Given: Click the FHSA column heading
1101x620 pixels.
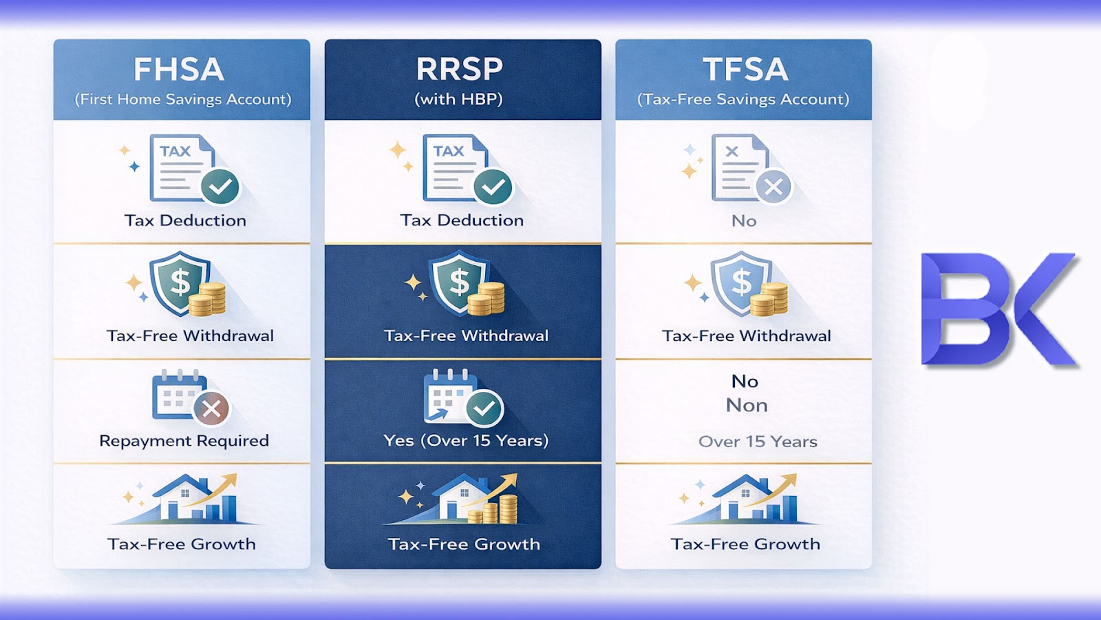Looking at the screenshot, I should (x=179, y=70).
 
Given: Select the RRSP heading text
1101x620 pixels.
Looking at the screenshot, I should (x=459, y=70).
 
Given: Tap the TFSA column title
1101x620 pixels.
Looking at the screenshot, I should (x=745, y=70).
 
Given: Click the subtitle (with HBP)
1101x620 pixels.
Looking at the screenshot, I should (x=458, y=99).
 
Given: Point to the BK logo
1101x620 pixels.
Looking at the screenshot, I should (x=999, y=309).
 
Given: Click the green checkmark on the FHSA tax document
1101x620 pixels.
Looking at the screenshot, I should (x=220, y=186).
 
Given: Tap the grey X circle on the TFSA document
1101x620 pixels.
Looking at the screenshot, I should (x=773, y=187).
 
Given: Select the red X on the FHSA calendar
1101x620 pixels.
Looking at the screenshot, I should (x=211, y=409).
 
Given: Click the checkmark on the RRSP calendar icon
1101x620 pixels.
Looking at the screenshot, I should (x=484, y=409).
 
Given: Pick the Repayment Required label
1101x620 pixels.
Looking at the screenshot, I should (x=184, y=441).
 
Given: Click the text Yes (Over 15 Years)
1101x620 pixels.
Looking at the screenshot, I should (x=466, y=441).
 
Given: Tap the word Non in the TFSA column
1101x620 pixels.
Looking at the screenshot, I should (x=747, y=405).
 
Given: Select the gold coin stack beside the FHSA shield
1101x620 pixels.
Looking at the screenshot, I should (x=207, y=299).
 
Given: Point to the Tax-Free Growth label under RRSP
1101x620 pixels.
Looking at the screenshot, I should (x=464, y=544).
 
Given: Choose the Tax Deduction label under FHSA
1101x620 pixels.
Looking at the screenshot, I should (x=185, y=220).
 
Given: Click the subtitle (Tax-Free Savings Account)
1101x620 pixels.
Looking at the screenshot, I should (x=743, y=99).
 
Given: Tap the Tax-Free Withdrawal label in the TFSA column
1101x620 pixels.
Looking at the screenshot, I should (x=747, y=336).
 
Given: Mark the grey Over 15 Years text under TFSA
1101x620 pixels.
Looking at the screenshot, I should (x=758, y=442).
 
